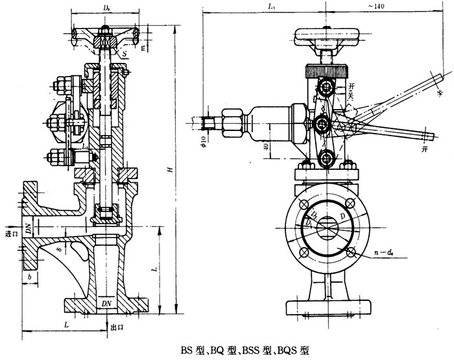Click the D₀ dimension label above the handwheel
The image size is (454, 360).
(x=103, y=7)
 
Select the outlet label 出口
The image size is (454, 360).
(x=117, y=328)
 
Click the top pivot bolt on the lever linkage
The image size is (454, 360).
(x=326, y=88)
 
